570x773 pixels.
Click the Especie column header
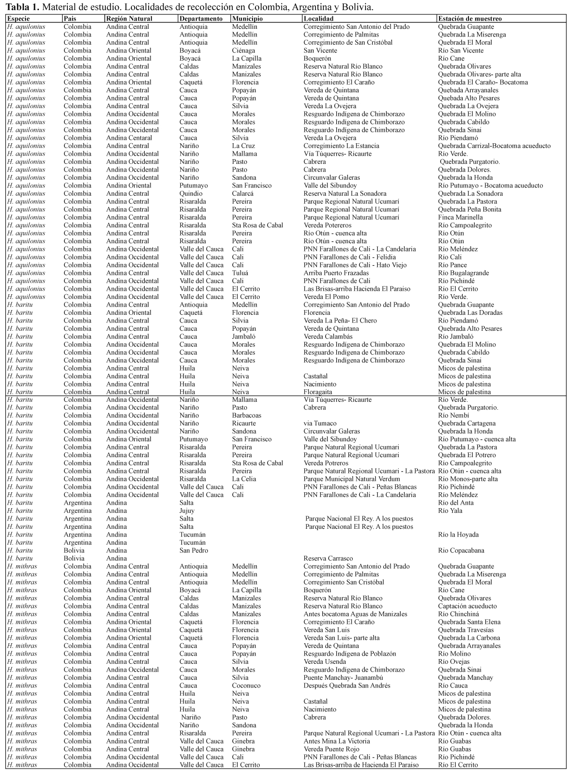pos(18,19)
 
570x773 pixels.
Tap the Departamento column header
pos(201,19)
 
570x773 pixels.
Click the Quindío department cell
pos(191,193)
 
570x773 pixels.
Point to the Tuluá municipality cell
pos(241,273)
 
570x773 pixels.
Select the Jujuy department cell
pos(187,511)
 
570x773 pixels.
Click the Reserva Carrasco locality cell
pos(328,558)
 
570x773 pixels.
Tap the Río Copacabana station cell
pos(461,550)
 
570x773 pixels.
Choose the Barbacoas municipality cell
pos(247,415)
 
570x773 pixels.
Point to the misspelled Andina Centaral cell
pos(129,138)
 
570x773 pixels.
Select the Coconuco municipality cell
pos(246,686)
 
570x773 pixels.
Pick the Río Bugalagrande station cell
pos(463,273)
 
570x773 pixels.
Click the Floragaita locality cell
pos(318,392)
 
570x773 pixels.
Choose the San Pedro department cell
pos(194,550)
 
